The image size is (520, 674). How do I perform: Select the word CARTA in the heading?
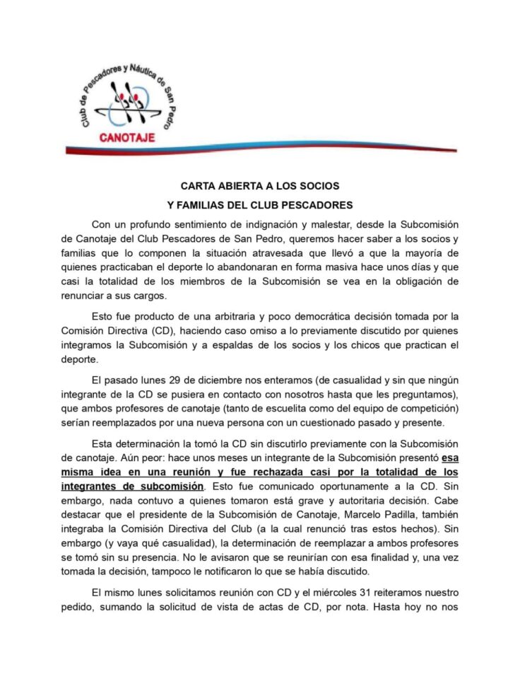[199, 186]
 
